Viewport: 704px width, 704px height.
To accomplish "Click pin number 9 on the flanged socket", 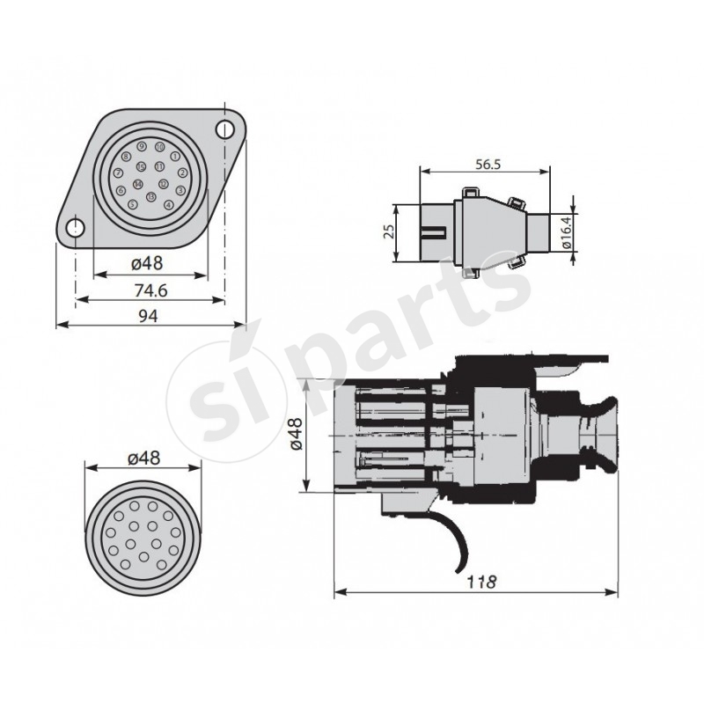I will click(x=142, y=146).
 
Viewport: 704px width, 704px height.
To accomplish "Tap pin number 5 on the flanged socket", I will click(x=133, y=205).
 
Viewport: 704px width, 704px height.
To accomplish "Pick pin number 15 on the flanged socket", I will click(x=141, y=166).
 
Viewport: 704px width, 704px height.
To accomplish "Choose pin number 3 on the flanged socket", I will click(x=180, y=189).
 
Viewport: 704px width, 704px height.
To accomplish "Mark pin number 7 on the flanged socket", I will click(x=119, y=173).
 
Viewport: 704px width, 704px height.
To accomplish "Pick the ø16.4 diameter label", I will click(x=568, y=232).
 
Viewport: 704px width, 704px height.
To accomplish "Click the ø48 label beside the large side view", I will click(x=295, y=435).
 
